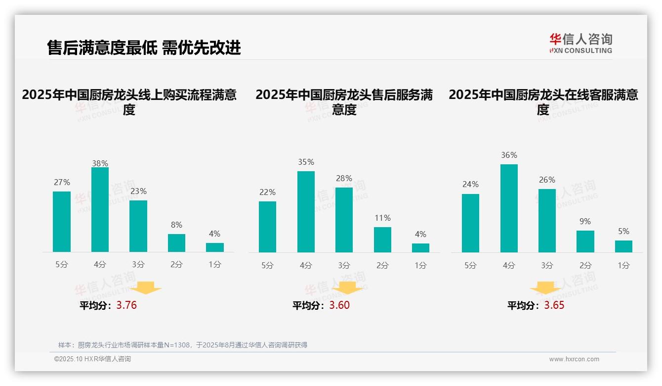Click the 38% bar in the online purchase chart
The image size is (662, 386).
coord(100,210)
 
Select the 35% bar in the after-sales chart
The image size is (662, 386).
coord(306,212)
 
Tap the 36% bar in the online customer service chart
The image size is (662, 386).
coord(509,208)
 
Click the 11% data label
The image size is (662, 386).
coord(382,218)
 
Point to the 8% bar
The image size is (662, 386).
coord(176,243)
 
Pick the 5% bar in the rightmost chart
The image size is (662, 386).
coord(623,246)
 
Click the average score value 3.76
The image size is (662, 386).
coord(126,305)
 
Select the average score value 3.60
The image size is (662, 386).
coord(339,305)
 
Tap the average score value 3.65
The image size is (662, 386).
coord(554,305)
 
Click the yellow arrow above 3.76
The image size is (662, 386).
coord(146,288)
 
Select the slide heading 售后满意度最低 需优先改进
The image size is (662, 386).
coord(144,48)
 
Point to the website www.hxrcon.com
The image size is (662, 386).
coord(574,359)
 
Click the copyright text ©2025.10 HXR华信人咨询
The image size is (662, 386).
coord(93,359)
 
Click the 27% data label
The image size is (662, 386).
coord(62,183)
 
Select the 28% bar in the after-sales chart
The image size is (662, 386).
coord(344,220)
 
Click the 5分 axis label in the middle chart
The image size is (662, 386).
coord(267,265)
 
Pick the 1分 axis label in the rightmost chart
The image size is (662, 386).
coord(623,265)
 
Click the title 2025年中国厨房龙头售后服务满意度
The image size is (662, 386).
coord(344,102)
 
